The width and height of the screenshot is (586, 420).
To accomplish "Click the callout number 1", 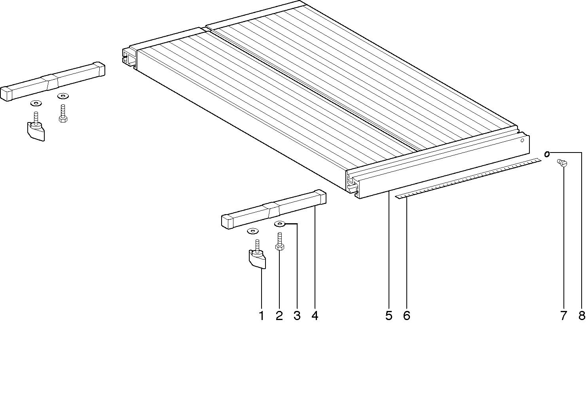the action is pyautogui.click(x=261, y=316).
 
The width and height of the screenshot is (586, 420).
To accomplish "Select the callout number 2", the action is pyautogui.click(x=279, y=316).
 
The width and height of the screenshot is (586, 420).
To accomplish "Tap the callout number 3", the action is pyautogui.click(x=297, y=316).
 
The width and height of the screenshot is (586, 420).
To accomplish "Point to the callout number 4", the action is pyautogui.click(x=315, y=316).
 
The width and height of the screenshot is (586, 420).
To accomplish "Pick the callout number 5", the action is pyautogui.click(x=389, y=316).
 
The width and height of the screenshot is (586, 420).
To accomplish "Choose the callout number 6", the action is pyautogui.click(x=406, y=316).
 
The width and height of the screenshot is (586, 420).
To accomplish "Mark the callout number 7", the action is pyautogui.click(x=563, y=316).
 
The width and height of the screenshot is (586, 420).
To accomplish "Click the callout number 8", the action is pyautogui.click(x=582, y=316).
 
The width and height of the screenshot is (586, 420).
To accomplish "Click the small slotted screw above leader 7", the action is pyautogui.click(x=562, y=163).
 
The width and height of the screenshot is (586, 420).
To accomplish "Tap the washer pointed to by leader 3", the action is pyautogui.click(x=280, y=224).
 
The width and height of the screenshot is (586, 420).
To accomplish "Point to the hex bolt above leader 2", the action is pyautogui.click(x=280, y=241).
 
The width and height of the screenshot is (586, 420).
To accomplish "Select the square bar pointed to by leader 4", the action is pyautogui.click(x=274, y=209).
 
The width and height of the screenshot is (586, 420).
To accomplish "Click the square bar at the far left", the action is pyautogui.click(x=53, y=81).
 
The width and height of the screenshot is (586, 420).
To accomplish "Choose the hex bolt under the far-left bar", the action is pyautogui.click(x=63, y=113).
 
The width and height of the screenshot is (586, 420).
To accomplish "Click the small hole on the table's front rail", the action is pyautogui.click(x=522, y=141).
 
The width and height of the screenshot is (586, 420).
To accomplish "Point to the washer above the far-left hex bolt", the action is pyautogui.click(x=63, y=96).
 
